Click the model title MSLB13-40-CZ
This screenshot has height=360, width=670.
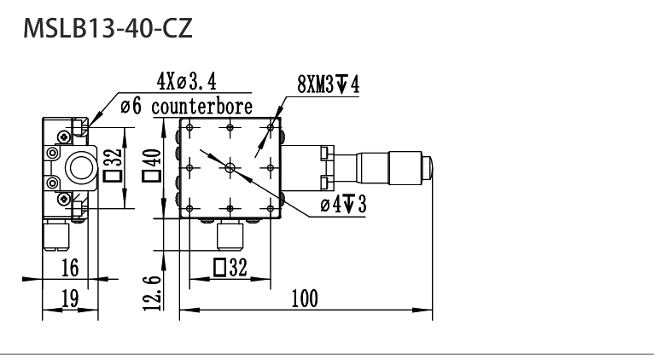pos(108,29)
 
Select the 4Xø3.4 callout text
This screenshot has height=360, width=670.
pos(187,81)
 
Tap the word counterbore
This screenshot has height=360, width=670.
pos(201,107)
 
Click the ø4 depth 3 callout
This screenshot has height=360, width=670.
pos(343,204)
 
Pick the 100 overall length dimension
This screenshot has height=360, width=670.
pos(305,299)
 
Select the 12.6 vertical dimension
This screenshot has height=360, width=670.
pos(154,293)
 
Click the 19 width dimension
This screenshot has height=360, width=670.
pos(70,298)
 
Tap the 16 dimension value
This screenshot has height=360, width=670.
pos(70,268)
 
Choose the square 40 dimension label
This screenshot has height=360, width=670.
pos(152,165)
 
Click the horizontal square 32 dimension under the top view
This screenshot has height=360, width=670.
pos(230,268)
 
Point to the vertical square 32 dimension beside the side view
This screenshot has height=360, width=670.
pos(114,165)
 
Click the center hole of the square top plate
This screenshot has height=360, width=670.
pos(230,168)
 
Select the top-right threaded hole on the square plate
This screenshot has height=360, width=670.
pos(270,127)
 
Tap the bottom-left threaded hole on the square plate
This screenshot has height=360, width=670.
pos(189,208)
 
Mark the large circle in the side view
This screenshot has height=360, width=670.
pos(80,168)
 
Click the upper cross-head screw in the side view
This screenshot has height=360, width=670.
pos(64,136)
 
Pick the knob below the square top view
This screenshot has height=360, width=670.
pos(230,236)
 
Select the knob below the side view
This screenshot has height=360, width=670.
pos(56,235)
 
